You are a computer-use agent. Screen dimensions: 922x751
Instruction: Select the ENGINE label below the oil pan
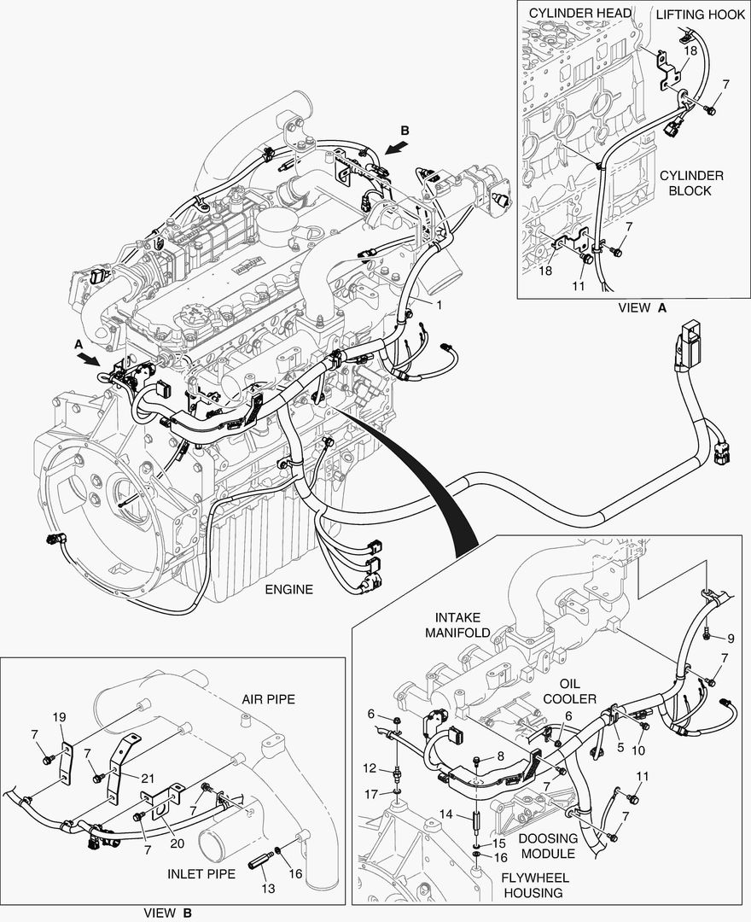pyautogui.click(x=288, y=589)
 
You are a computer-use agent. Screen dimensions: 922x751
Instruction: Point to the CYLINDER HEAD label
pyautogui.click(x=580, y=13)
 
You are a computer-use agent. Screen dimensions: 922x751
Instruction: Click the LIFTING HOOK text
pyautogui.click(x=700, y=15)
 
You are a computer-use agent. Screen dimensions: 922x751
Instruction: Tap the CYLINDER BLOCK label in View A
pyautogui.click(x=691, y=183)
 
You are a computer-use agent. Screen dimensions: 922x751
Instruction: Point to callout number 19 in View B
pyautogui.click(x=59, y=717)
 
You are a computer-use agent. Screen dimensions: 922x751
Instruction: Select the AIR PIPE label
pyautogui.click(x=267, y=699)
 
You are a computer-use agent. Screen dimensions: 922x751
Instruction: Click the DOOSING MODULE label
pyautogui.click(x=549, y=846)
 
